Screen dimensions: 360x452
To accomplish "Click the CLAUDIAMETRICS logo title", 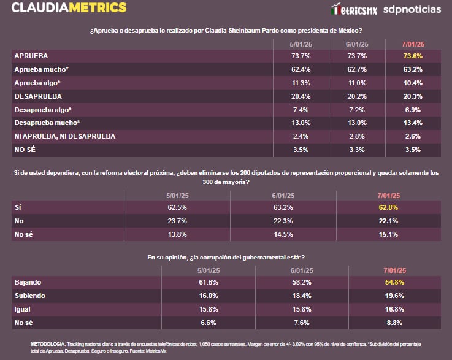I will (x=69, y=9).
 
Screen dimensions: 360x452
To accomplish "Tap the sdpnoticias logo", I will (x=412, y=10).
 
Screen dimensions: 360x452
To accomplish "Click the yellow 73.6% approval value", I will (x=413, y=55).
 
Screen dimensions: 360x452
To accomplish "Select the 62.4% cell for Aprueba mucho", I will (x=299, y=69).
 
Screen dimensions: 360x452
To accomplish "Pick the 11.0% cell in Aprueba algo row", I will (x=356, y=83).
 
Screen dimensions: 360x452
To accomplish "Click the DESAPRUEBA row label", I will (x=38, y=96).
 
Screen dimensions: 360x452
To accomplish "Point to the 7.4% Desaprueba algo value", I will (x=299, y=109).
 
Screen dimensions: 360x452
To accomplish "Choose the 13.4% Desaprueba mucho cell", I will (x=413, y=123).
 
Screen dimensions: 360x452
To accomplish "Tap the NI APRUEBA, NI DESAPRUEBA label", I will (x=64, y=136).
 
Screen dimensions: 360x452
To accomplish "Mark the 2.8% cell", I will (x=356, y=136).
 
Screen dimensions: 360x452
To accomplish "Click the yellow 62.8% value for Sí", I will (x=388, y=207).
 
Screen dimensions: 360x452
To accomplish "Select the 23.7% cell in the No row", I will (x=177, y=221).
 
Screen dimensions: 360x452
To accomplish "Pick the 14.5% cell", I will (x=282, y=234).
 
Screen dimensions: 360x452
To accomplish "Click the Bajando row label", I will (x=28, y=282).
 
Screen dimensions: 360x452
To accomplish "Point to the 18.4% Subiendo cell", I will (x=302, y=296).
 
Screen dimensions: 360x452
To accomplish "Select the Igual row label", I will (x=22, y=309).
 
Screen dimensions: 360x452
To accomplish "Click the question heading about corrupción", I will (x=226, y=258).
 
